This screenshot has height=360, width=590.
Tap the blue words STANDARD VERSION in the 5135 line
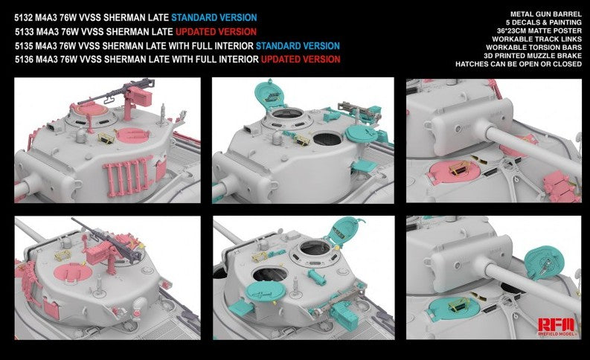pos(298,46)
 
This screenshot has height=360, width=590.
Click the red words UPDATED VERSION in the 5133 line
pos(216,31)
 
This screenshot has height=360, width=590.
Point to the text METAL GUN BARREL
pos(545,14)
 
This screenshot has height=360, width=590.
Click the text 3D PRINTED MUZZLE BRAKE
pos(533,56)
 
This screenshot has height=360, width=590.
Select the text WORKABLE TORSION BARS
pos(533,48)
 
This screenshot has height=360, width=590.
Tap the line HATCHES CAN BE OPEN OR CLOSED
pos(518,64)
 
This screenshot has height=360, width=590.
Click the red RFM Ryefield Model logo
pos(556,326)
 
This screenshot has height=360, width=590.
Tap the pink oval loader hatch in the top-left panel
pos(132,135)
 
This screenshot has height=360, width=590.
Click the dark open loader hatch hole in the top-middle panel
pos(327,139)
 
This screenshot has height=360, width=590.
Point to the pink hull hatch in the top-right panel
pos(455,172)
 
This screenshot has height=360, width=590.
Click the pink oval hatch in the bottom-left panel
pos(73,272)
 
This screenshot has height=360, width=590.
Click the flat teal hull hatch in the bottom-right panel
pos(454,309)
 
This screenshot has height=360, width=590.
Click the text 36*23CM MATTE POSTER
pos(539,30)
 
